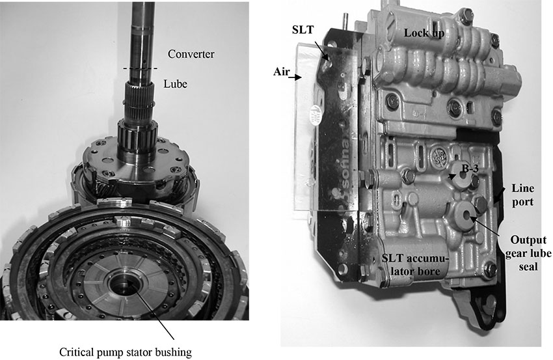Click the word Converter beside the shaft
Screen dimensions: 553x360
191,54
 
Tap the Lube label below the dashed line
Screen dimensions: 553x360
175,84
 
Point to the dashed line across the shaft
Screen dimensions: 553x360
141,68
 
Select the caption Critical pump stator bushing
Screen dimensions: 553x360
126,352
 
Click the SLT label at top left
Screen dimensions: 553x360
303,30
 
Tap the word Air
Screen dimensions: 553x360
282,72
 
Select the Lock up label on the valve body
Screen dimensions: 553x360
424,33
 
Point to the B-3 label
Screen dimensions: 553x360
470,169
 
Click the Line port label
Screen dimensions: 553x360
522,195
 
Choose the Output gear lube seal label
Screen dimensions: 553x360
528,253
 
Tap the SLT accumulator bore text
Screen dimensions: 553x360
416,265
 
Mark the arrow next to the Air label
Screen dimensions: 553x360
296,77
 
